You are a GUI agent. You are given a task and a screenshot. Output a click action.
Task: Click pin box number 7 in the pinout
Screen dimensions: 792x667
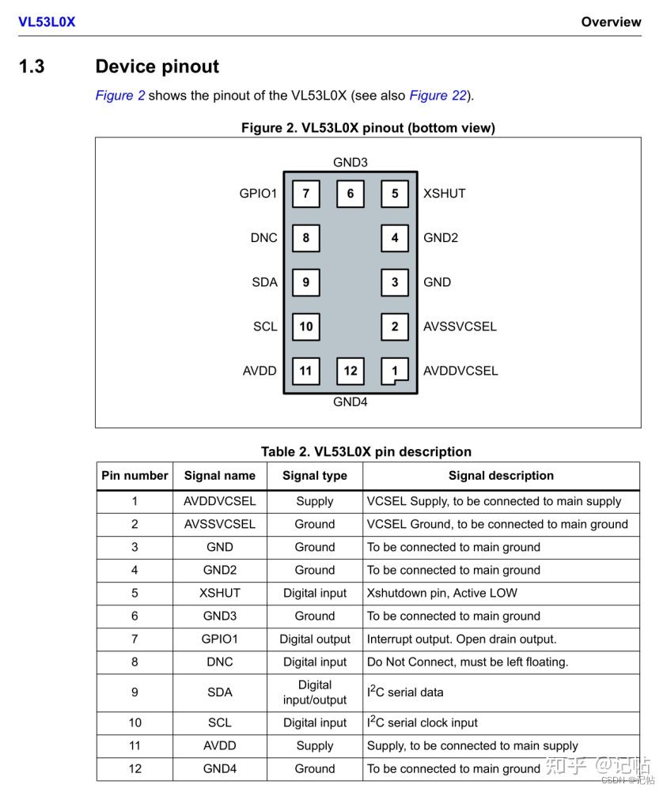(305, 194)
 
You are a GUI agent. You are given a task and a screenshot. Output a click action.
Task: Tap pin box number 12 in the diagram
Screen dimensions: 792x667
(350, 371)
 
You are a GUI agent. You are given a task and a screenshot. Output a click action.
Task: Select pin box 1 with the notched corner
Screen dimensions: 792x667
(395, 371)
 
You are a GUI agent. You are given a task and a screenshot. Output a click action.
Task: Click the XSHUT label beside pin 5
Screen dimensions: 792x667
(444, 194)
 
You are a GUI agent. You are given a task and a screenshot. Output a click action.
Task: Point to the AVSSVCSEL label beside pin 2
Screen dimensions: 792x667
(460, 326)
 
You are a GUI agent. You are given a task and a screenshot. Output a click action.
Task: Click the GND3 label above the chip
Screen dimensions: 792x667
(350, 162)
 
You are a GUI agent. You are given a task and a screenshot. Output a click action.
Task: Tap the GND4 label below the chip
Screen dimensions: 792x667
(350, 402)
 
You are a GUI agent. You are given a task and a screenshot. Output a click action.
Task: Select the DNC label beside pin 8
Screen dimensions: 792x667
(263, 238)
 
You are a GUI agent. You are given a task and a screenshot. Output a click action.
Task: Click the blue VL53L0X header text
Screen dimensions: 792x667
(47, 22)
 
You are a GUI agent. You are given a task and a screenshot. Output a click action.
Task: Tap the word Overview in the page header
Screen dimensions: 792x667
(611, 22)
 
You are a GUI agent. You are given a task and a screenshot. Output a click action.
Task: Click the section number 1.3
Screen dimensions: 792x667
(32, 66)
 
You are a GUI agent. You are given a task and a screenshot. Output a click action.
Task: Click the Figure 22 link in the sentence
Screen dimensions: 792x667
(438, 96)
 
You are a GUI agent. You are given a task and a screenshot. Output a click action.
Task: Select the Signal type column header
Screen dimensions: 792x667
(314, 476)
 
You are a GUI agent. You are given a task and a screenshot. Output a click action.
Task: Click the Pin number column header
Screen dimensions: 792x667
(135, 476)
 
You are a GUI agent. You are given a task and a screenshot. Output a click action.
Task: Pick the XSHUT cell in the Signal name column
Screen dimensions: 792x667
(219, 593)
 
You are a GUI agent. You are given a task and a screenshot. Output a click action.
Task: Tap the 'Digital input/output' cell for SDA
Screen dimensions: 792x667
(314, 692)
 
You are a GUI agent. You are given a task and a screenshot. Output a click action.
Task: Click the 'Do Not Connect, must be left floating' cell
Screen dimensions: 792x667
(467, 662)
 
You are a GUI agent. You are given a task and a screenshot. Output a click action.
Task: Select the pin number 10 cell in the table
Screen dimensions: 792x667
(135, 723)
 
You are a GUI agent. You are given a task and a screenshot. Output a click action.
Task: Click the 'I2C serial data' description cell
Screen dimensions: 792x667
(405, 692)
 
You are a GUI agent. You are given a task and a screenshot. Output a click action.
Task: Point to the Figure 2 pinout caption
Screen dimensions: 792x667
(368, 128)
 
